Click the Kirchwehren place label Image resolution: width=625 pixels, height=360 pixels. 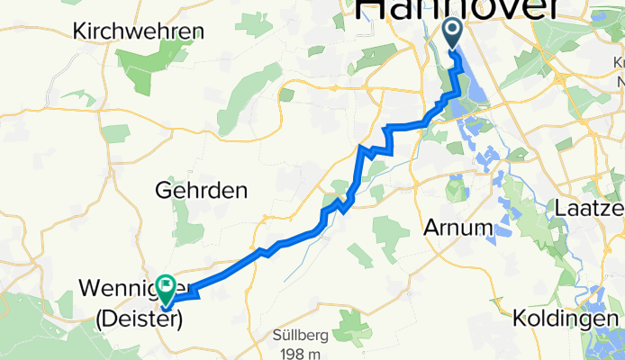[x=139, y=30]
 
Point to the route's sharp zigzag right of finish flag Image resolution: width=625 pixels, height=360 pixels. [x=193, y=286]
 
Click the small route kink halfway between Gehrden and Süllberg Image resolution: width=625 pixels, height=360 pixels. [x=264, y=250]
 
